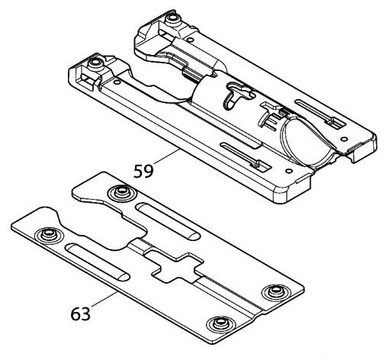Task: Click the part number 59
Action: click(x=143, y=171)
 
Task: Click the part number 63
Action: click(x=80, y=313)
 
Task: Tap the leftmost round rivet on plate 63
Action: click(x=47, y=234)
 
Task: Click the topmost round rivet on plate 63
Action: click(x=121, y=191)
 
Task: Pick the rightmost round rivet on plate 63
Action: click(x=275, y=291)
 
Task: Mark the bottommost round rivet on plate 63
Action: click(x=219, y=324)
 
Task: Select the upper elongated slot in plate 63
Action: click(x=168, y=221)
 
